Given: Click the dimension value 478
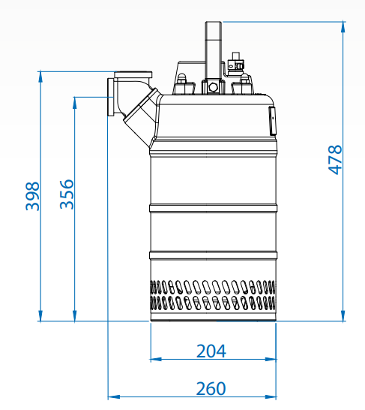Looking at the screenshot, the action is (335, 159).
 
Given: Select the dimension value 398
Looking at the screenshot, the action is (32, 196).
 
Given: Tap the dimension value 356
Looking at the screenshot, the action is (67, 194).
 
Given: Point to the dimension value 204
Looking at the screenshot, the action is (211, 351).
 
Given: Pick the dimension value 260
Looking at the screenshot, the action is (211, 388).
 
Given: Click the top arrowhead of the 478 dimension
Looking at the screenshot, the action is (343, 27).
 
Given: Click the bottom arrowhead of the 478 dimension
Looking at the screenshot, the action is (343, 315).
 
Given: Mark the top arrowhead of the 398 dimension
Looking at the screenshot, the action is (40, 77).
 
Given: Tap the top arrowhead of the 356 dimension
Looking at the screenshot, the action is (75, 102).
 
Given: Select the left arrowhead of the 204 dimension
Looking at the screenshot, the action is (156, 359).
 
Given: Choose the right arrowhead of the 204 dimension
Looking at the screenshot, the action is (271, 359).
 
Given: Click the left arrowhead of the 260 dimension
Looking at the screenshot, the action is (113, 397).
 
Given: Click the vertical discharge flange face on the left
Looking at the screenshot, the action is (110, 97).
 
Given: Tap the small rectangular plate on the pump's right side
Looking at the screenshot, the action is (273, 121).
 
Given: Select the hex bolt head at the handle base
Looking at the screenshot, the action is (213, 87).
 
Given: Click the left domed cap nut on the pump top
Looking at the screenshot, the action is (181, 78).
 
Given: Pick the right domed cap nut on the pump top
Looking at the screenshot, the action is (245, 78).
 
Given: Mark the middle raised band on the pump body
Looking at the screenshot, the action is (213, 208).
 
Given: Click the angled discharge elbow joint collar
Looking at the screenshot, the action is (141, 104).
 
